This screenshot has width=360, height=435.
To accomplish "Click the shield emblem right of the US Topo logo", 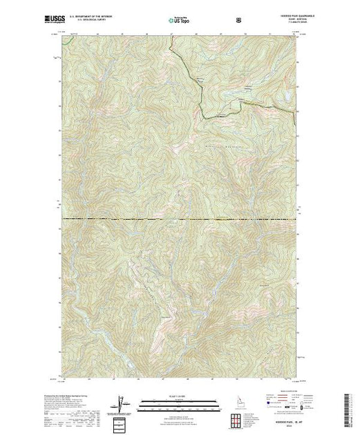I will (x=238, y=21).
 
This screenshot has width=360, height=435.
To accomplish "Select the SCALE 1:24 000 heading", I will (x=175, y=398).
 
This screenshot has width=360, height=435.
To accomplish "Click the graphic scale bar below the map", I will (x=175, y=405).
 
